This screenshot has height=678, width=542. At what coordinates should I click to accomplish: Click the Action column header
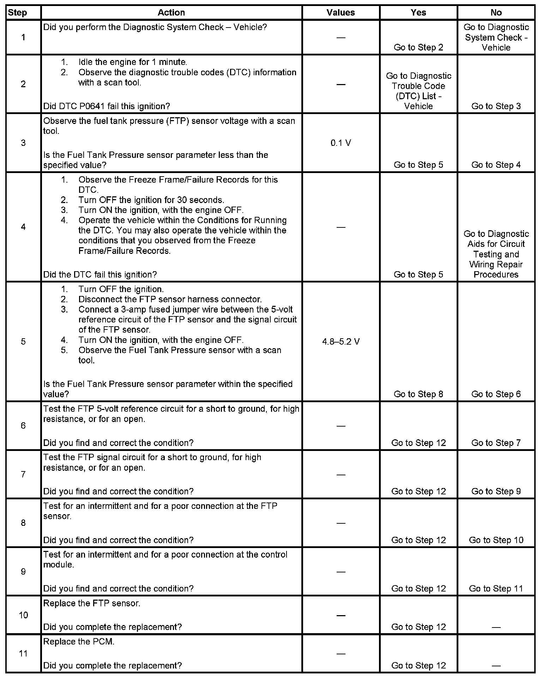[171, 13]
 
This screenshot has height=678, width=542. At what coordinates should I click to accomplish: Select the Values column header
[341, 13]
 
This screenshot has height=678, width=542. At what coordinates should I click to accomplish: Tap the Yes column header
[418, 13]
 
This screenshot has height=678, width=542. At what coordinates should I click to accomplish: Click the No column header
[496, 13]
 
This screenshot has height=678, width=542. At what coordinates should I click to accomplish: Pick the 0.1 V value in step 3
[341, 143]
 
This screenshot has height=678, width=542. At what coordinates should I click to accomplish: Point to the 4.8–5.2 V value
[341, 342]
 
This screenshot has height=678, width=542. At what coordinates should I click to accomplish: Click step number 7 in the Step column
[23, 474]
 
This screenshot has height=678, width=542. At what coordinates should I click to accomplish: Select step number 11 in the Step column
[23, 654]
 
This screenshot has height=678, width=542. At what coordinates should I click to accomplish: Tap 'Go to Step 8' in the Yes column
[418, 394]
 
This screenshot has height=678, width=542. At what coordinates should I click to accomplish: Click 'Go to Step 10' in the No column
[496, 540]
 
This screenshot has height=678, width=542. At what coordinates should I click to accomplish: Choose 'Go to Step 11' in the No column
[496, 588]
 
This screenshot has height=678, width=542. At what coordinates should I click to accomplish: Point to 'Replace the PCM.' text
[79, 642]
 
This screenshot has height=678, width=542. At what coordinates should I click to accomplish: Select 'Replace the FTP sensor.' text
[92, 603]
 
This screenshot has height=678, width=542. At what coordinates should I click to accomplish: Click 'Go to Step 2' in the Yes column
[418, 47]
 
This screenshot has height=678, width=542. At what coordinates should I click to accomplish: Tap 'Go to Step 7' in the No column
[496, 443]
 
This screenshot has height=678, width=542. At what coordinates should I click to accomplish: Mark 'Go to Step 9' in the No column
[496, 491]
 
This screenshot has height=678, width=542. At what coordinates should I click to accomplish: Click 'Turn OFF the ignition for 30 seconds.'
[151, 200]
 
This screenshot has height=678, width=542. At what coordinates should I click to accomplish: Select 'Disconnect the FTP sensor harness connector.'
[170, 299]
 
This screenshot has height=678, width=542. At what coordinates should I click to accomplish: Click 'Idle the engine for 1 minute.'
[133, 62]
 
